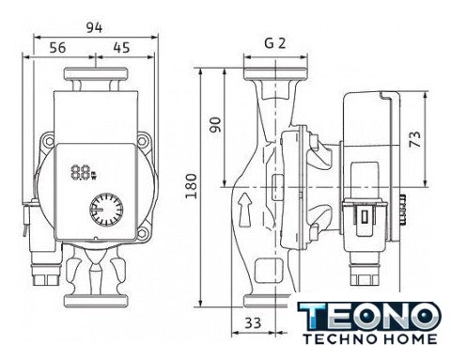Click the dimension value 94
point(94,28)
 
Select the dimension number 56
point(58,48)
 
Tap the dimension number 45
point(121,48)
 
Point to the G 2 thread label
point(275,43)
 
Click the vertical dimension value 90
point(215,125)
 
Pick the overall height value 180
point(191,186)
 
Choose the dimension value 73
point(415,139)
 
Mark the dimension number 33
point(253,322)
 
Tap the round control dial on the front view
point(106,210)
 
